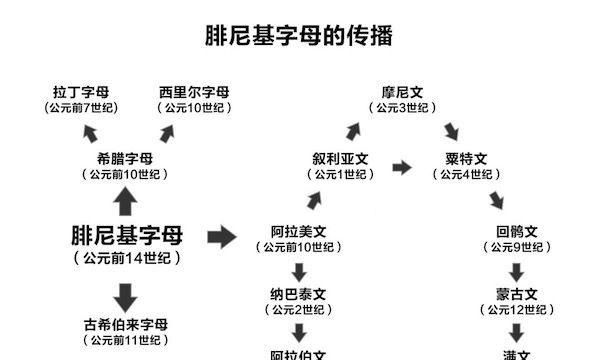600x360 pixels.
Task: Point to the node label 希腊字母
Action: [126, 158]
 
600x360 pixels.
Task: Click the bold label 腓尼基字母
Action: [127, 237]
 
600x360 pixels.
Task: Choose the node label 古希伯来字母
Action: [126, 325]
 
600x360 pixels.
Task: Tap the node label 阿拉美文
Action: [299, 231]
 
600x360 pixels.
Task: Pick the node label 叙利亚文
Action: [341, 158]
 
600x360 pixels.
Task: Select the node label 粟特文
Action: [465, 158]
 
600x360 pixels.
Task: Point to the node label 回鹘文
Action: [517, 231]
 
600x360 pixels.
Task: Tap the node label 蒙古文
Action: [517, 295]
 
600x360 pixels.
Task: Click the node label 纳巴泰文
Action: [299, 295]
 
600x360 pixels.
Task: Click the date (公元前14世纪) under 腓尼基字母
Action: [127, 258]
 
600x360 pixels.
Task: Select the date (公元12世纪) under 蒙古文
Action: [517, 311]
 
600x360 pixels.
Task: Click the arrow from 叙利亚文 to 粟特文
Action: [402, 167]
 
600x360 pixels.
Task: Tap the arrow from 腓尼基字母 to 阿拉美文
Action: [221, 237]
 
